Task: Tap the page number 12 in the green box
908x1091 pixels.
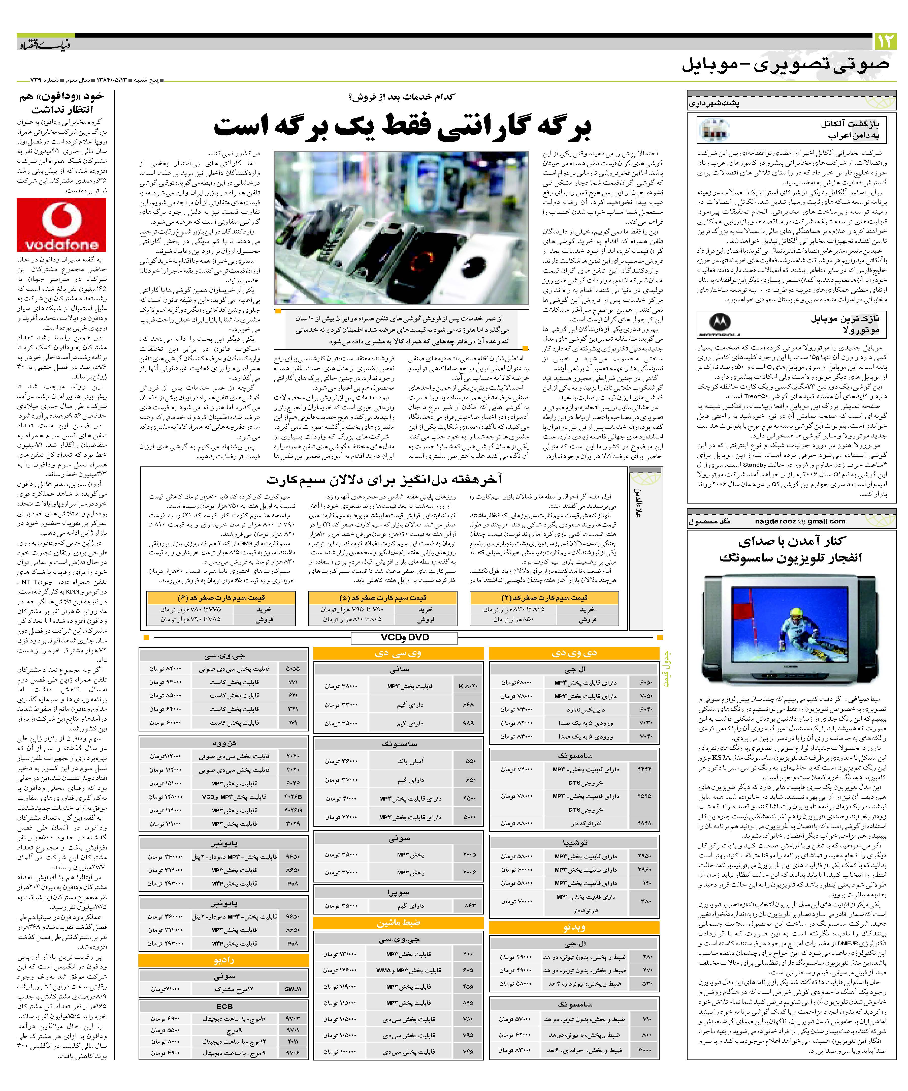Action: point(885,41)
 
